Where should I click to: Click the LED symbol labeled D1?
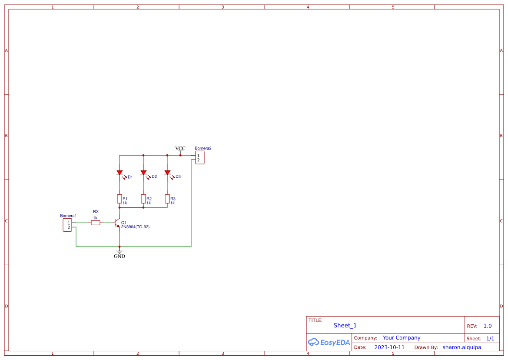120,173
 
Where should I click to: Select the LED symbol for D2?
143,173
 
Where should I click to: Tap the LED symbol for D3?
167,173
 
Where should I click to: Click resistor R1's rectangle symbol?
120,199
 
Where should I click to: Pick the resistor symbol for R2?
143,199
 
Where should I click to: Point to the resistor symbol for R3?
167,199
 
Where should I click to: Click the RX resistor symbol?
96,223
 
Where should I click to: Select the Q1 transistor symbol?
117,223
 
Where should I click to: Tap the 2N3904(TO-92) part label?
135,227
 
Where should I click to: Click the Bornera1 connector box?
67,225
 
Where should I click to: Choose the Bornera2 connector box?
199,157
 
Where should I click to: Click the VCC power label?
180,149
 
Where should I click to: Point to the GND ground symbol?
120,253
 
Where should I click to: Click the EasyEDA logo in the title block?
329,342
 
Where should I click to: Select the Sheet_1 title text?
345,326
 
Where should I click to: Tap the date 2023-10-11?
389,347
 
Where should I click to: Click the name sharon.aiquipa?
462,347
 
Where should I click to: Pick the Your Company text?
402,338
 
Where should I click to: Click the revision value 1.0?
488,326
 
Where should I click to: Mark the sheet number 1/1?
490,338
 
